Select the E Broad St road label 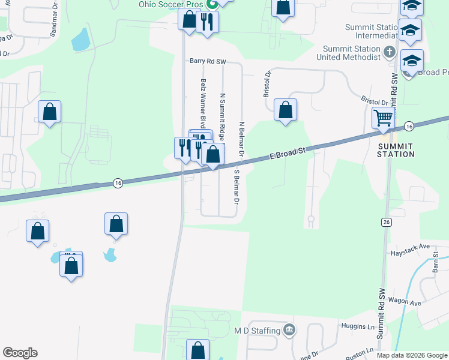[288, 154]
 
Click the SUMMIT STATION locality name [396, 150]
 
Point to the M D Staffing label [258, 331]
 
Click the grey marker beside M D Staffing [289, 330]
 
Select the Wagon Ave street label [406, 303]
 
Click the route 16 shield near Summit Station [409, 126]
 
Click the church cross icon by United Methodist [389, 52]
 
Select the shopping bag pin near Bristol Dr [286, 110]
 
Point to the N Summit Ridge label [222, 113]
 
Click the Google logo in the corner [20, 353]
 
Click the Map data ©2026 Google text [411, 355]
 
